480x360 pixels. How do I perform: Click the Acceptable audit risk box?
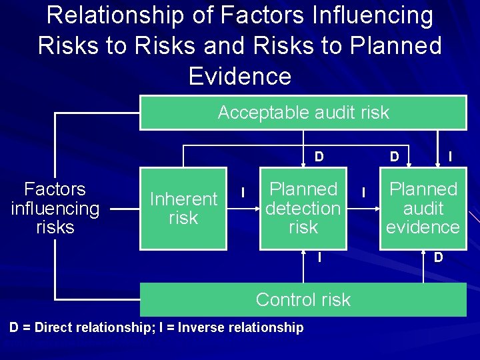coord(303,112)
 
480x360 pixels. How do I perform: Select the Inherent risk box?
coord(183,208)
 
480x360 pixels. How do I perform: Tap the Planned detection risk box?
coord(303,208)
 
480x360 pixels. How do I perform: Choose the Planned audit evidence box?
coord(423,208)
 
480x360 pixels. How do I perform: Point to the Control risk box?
coord(303,299)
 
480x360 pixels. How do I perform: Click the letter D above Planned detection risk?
coord(319,157)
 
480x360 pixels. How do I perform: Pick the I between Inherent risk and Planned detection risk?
coord(243,193)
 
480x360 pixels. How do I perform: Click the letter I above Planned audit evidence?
coord(451,157)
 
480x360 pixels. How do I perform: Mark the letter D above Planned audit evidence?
coord(395,157)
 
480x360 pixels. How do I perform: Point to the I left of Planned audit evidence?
coord(363,193)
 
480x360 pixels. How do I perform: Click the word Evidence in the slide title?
coord(240,76)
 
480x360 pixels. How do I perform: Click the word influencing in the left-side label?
coord(55,208)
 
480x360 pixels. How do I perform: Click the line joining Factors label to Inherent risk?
coord(125,209)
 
